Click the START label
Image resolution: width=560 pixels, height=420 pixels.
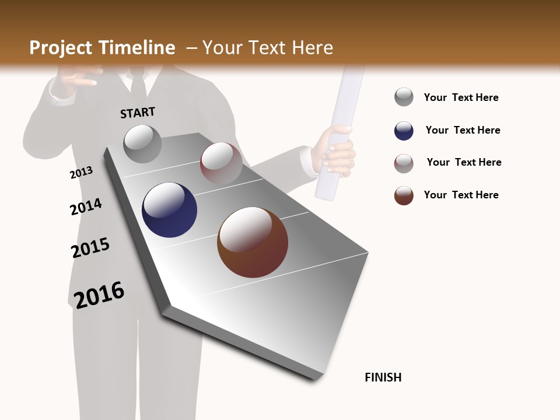138,112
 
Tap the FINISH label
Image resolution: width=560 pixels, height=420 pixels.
383,377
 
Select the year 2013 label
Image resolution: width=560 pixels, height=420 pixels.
81,173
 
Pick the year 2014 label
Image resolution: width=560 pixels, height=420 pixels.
86,206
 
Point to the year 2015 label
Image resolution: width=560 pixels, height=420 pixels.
90,248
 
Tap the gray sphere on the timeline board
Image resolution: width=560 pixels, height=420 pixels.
142,143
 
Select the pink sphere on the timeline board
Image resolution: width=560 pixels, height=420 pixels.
221,163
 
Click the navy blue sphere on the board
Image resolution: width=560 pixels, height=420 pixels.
169,210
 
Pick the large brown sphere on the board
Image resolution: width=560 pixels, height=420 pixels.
253,242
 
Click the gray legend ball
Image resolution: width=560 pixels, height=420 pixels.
404,97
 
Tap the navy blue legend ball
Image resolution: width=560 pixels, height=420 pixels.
404,131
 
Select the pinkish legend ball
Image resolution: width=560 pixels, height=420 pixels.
404,163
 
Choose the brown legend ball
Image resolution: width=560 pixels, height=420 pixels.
404,195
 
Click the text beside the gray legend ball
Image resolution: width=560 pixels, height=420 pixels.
461,97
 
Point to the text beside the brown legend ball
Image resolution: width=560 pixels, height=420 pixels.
461,195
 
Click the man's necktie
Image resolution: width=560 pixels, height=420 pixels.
138,85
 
